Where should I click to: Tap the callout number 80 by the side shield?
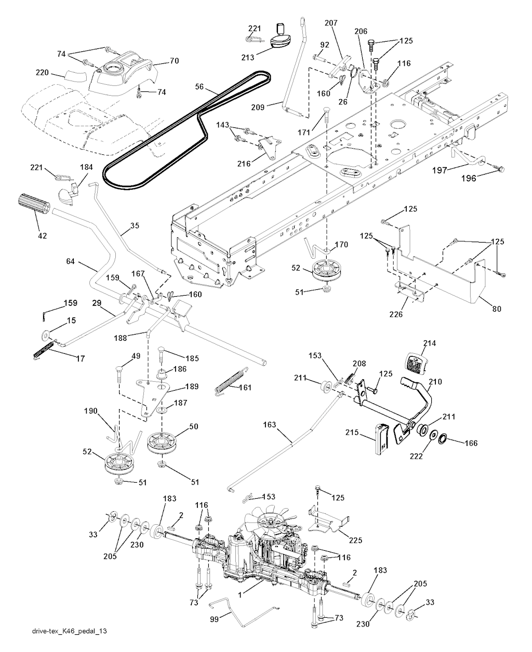click(497, 309)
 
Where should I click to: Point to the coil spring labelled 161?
click(229, 381)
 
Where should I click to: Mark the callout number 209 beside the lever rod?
click(272, 107)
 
